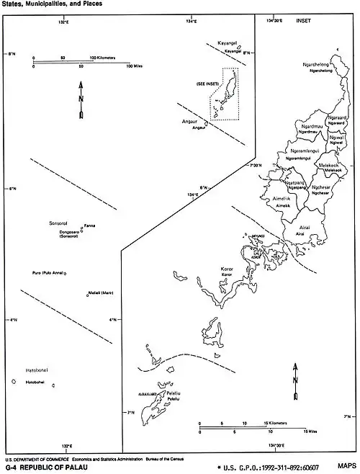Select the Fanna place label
click(90, 225)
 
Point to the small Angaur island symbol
click(186, 129)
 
